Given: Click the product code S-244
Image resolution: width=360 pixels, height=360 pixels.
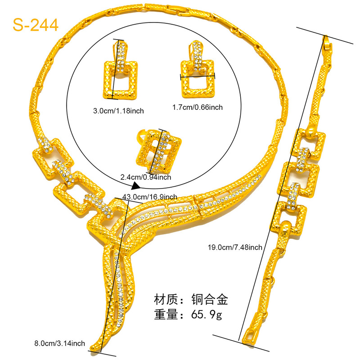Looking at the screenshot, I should [36, 25].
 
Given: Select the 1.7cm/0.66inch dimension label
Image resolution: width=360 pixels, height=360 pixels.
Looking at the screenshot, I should [198, 107].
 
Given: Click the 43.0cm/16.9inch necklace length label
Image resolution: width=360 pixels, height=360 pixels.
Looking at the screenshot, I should [150, 196].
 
